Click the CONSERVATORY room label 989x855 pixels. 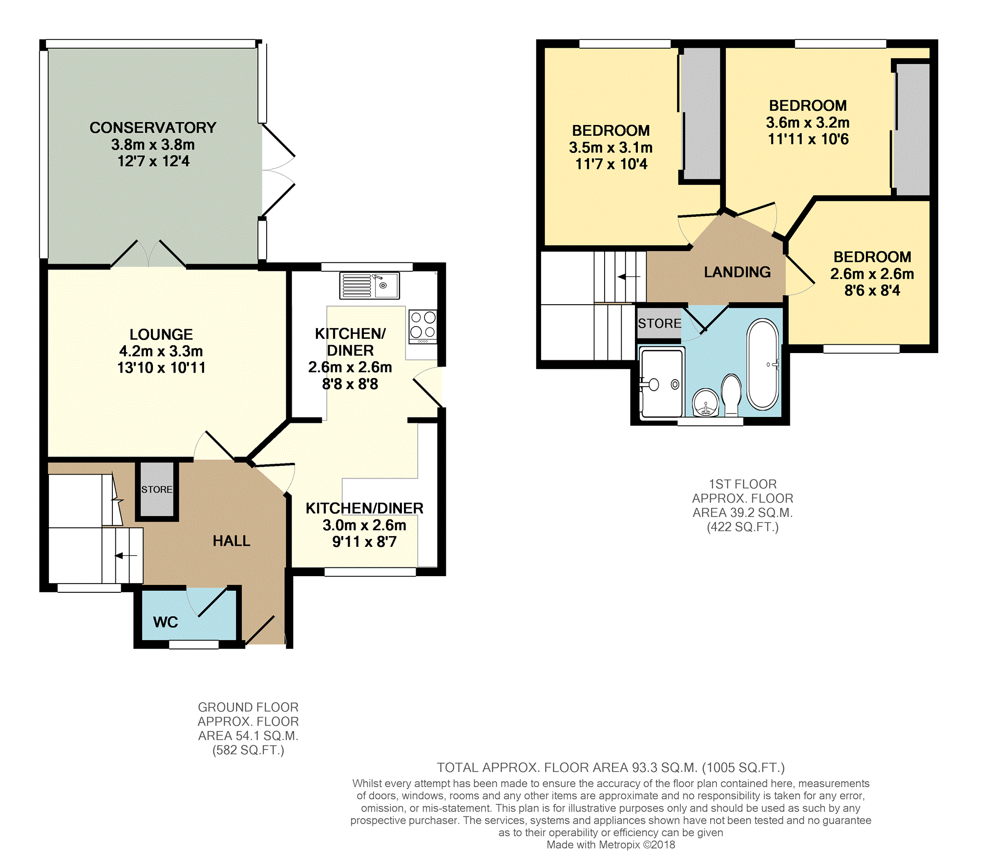coord(153,127)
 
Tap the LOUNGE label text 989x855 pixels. coord(161,334)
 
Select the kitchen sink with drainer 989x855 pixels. coord(369,286)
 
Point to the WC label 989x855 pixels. coord(166,622)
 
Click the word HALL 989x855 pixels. coord(231,541)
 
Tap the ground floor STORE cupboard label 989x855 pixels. coord(157,489)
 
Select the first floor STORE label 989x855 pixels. coord(660,323)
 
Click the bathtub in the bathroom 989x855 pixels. coord(763,364)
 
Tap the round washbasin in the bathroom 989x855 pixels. coord(706,402)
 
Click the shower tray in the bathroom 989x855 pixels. coord(662,383)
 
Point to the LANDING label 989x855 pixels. coord(737,272)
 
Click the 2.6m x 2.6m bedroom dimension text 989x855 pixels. coord(872,274)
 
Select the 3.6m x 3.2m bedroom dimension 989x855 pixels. coord(808,123)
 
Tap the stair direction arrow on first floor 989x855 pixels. coord(629,277)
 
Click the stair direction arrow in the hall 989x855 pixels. coord(126,556)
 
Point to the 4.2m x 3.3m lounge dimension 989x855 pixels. coord(161,351)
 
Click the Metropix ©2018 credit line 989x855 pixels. coord(611,845)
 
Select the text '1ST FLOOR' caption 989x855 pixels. coord(743,484)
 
